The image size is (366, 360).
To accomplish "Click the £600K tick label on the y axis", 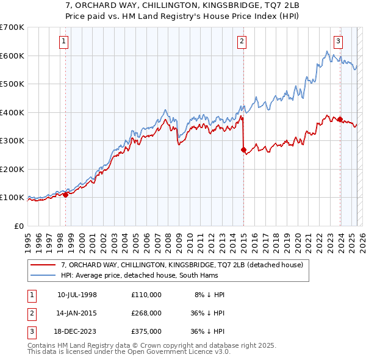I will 12,56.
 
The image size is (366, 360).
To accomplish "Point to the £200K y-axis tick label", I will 12,169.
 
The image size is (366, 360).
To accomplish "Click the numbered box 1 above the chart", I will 64,41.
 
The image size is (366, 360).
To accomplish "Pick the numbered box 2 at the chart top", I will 242,41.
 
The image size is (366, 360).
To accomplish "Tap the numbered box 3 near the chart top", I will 338,41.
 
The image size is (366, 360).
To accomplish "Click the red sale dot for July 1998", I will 65,195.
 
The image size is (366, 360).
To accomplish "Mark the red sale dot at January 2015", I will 243,149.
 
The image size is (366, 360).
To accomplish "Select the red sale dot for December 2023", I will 340,120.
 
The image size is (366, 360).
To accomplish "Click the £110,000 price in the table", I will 146,295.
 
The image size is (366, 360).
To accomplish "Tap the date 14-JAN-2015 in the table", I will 77,313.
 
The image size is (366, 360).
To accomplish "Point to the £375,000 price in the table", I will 146,331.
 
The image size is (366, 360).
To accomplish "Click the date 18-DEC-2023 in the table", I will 77,331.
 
